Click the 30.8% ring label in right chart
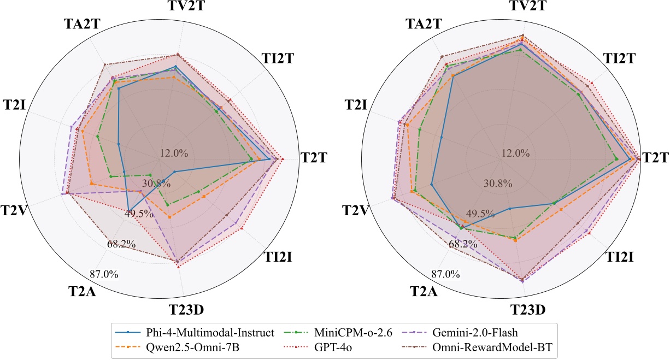(498, 183)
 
